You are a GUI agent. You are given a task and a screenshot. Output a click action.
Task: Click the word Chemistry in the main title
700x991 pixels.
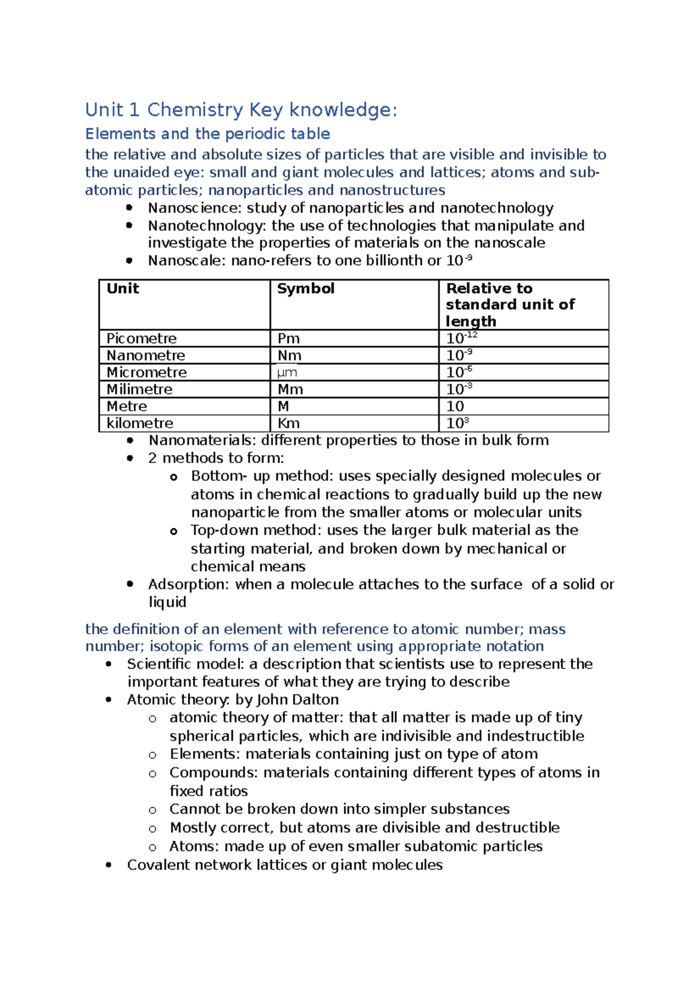[195, 110]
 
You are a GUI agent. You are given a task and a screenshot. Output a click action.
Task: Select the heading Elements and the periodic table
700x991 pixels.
[208, 134]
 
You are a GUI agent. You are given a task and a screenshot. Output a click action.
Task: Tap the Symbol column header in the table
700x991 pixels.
[306, 288]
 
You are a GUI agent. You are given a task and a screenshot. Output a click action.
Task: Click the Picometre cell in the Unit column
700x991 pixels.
[141, 339]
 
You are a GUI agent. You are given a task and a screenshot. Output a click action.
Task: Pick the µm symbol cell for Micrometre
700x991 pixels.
[287, 372]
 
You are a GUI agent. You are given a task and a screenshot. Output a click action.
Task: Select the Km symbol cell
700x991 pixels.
[289, 423]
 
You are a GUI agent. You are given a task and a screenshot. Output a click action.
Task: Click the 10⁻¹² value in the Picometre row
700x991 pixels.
[461, 338]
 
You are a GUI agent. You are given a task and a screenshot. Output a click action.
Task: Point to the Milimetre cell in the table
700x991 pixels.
[139, 389]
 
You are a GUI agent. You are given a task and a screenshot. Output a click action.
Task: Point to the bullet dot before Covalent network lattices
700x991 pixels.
[108, 865]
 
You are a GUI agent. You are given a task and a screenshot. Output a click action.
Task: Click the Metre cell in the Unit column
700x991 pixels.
[127, 406]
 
